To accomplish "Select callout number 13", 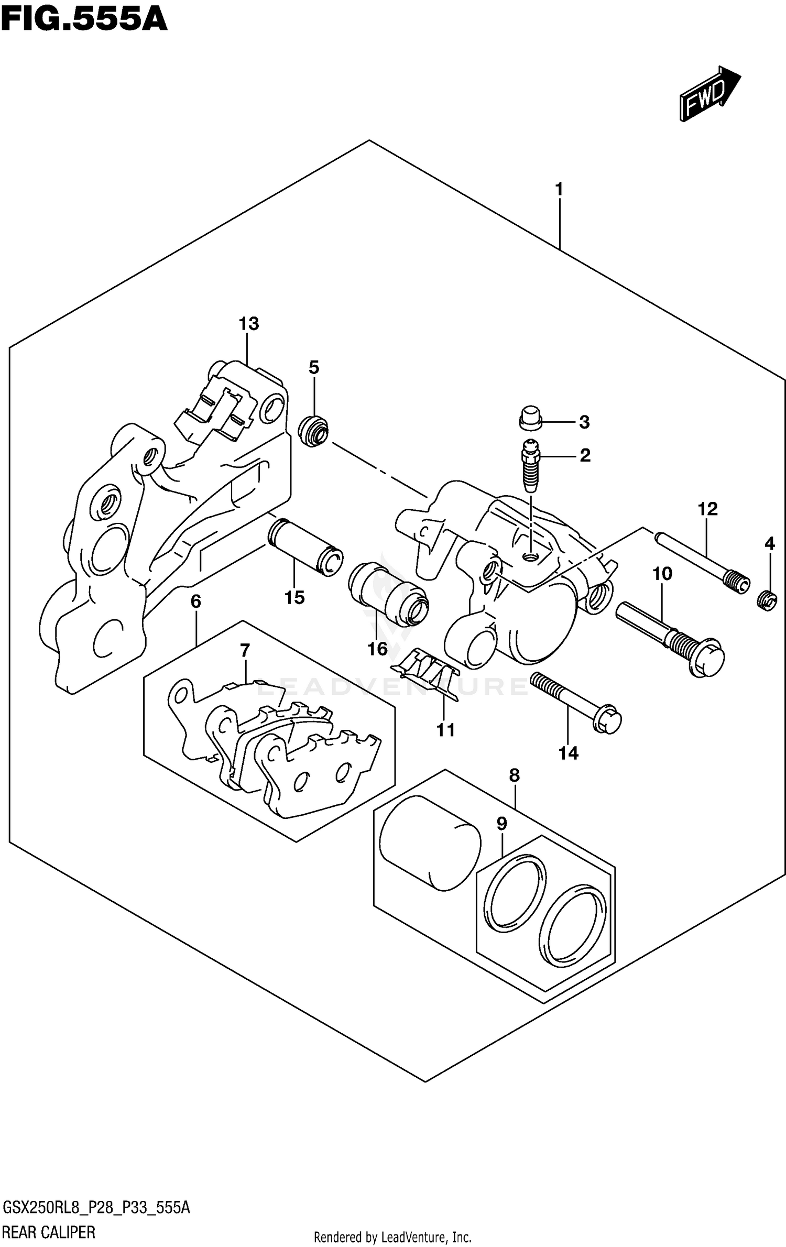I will click(x=249, y=324).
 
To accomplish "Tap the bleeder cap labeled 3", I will click(x=531, y=417).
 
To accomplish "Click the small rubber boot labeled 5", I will click(x=313, y=431).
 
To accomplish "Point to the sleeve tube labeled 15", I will click(x=305, y=546).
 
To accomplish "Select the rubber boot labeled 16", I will click(x=388, y=594).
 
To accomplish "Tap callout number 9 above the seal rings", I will click(x=501, y=824).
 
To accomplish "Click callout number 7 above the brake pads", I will click(x=245, y=651).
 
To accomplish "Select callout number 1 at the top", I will click(x=559, y=189).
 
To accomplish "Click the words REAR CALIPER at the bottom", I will click(x=49, y=1232).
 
